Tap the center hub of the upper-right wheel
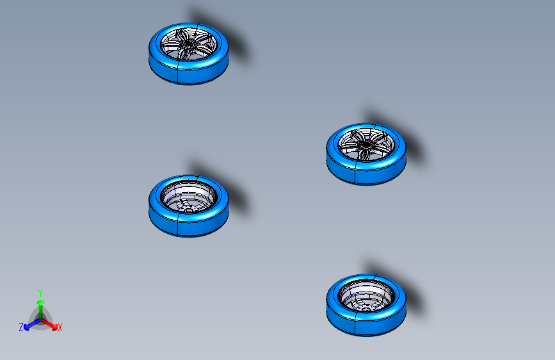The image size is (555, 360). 365,147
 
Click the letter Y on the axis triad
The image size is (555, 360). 40,292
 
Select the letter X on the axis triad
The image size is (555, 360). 60,328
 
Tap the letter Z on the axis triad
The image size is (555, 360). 21,327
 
